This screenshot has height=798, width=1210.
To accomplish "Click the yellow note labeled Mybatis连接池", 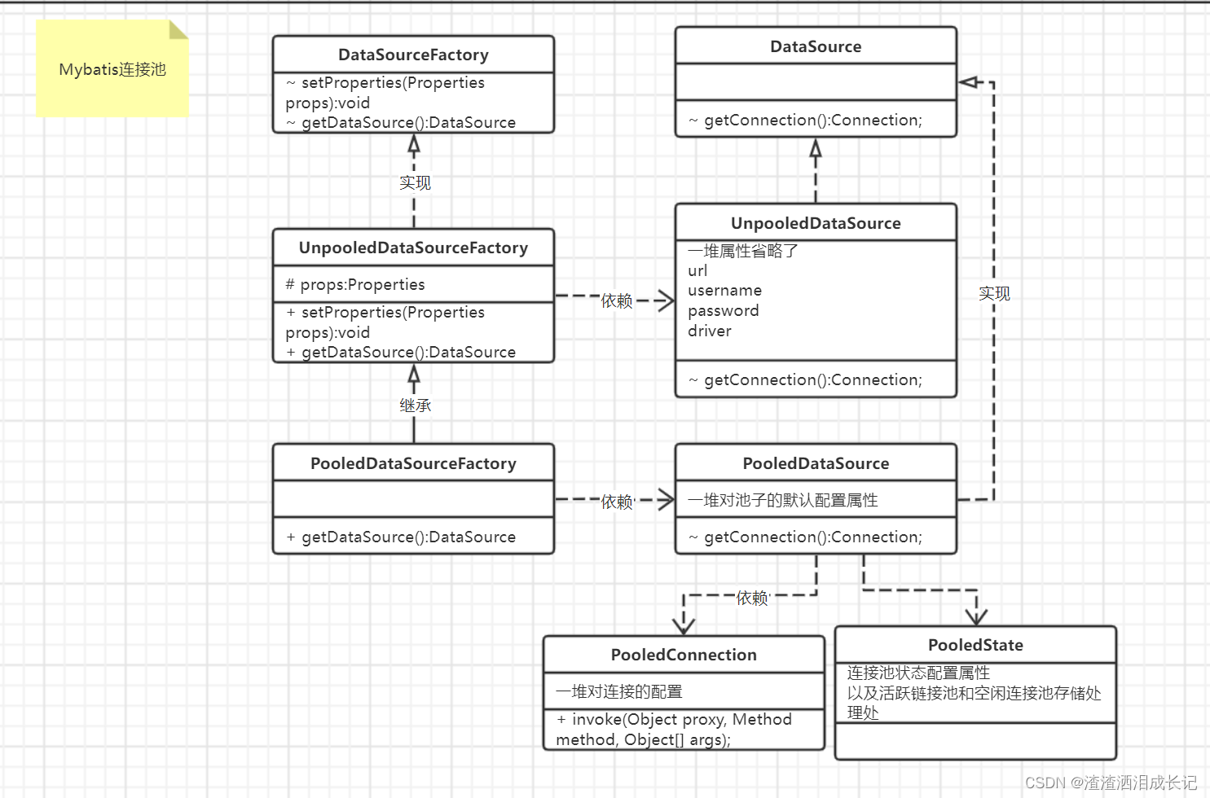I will (112, 70).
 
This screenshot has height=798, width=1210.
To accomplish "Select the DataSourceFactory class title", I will (413, 55).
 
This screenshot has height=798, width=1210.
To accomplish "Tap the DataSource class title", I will (816, 46).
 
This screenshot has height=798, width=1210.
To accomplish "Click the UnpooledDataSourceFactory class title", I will (413, 248).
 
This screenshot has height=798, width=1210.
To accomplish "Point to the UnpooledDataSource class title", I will (816, 223).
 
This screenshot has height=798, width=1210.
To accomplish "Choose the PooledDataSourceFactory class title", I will (413, 463).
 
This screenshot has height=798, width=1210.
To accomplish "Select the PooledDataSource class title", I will (816, 463).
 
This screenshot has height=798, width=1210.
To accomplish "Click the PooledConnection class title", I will (684, 655).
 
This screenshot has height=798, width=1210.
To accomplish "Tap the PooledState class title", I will (975, 645).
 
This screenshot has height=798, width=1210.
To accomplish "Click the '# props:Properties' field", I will (355, 284).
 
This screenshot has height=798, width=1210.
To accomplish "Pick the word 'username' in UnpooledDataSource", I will (724, 291).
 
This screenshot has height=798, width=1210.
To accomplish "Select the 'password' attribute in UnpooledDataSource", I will (723, 311).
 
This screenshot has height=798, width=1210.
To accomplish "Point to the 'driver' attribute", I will (709, 331).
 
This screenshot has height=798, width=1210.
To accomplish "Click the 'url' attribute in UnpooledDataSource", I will (697, 271).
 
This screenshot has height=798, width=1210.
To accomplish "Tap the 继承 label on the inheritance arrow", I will (415, 405).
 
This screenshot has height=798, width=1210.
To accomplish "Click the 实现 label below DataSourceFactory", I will (415, 182).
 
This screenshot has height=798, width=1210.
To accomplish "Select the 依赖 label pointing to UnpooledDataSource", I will (617, 300).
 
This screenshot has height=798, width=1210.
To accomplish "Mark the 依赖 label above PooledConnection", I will (752, 598).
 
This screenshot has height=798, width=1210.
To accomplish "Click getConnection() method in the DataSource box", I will (812, 121).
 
